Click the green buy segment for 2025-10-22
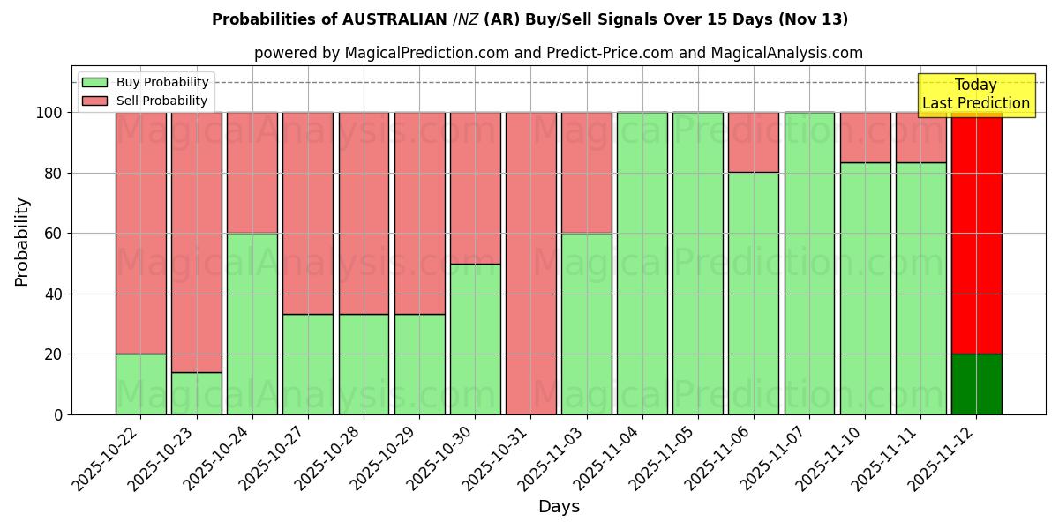click(140, 384)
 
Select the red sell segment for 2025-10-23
click(196, 242)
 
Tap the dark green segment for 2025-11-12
click(976, 384)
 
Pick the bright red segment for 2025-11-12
click(976, 234)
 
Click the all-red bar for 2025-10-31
click(530, 263)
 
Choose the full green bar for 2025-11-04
click(642, 263)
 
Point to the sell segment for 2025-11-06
click(754, 142)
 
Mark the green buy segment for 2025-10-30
click(475, 339)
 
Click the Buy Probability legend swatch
click(94, 83)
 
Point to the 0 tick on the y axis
click(58, 414)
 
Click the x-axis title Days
click(559, 507)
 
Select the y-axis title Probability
click(22, 241)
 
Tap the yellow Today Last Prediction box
click(975, 94)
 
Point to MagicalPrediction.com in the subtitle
click(426, 53)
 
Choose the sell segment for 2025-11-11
click(920, 137)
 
